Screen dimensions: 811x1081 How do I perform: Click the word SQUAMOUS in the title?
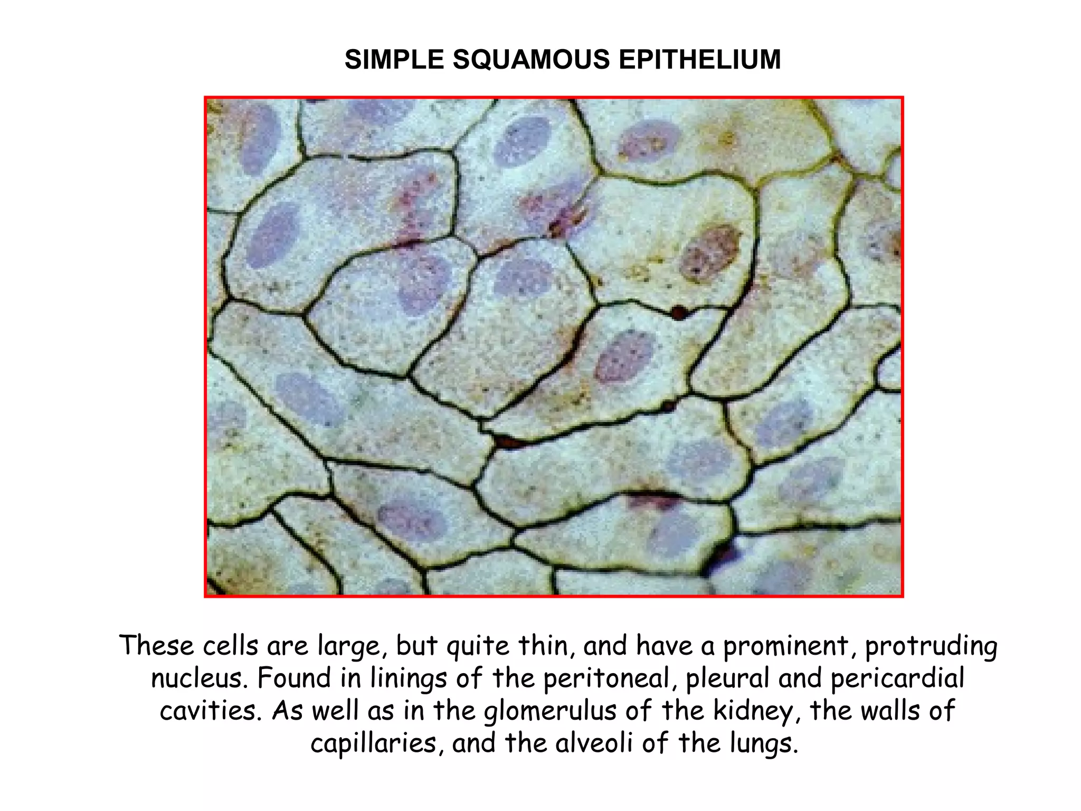(x=530, y=59)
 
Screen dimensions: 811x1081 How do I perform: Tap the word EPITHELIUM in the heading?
(x=699, y=59)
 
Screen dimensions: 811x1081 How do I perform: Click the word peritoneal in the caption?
(x=606, y=678)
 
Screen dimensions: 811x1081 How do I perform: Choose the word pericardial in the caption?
(x=897, y=678)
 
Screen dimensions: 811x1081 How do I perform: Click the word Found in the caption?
(x=293, y=678)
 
